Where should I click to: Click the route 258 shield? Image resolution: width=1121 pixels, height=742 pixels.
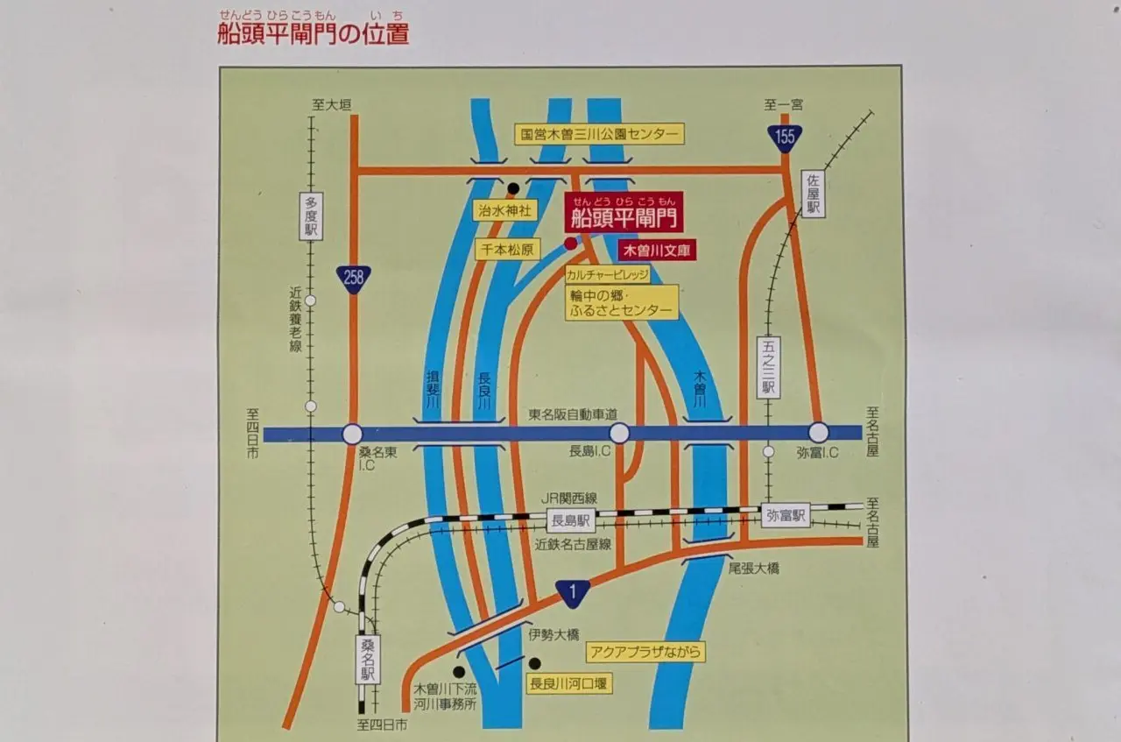pyautogui.click(x=353, y=279)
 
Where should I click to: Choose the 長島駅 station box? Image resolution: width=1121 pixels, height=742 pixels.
pyautogui.click(x=571, y=521)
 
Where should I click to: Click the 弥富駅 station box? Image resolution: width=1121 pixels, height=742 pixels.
pyautogui.click(x=785, y=515)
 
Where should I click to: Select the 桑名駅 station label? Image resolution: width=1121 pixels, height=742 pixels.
pyautogui.click(x=368, y=660)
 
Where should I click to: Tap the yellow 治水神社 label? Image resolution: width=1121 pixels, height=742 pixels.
pyautogui.click(x=504, y=210)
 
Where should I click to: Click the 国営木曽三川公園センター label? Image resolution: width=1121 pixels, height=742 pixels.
pyautogui.click(x=599, y=134)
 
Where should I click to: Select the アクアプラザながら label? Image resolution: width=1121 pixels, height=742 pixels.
pyautogui.click(x=646, y=651)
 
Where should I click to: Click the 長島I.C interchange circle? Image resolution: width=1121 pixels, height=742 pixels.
pyautogui.click(x=619, y=433)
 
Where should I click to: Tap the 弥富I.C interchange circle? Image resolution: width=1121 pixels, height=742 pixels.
pyautogui.click(x=818, y=433)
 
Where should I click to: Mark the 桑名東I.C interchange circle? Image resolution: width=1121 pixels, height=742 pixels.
pyautogui.click(x=352, y=434)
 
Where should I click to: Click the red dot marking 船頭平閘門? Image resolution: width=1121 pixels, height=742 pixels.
pyautogui.click(x=571, y=244)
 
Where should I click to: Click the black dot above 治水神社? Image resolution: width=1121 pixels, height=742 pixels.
pyautogui.click(x=513, y=187)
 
